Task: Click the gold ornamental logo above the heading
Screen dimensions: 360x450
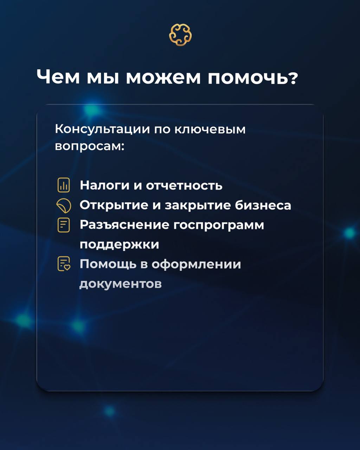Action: (x=180, y=35)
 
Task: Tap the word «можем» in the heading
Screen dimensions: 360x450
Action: (x=163, y=78)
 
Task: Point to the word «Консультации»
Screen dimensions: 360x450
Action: (x=103, y=130)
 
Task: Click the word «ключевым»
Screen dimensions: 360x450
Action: (x=210, y=129)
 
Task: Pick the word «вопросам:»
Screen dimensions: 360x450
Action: (x=90, y=147)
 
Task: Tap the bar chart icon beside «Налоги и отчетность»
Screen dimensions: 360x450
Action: (x=64, y=185)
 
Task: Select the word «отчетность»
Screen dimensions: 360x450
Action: (x=184, y=185)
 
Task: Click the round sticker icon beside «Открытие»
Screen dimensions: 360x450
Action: (x=64, y=206)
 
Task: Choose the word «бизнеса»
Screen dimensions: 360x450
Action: (x=263, y=205)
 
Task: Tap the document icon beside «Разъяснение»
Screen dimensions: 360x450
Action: (x=64, y=225)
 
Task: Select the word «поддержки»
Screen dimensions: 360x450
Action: (x=120, y=245)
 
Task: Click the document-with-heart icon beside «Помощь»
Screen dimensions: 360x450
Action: (x=64, y=264)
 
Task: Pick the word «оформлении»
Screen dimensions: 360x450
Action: (x=196, y=264)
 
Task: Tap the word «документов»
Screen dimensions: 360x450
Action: (x=121, y=284)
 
